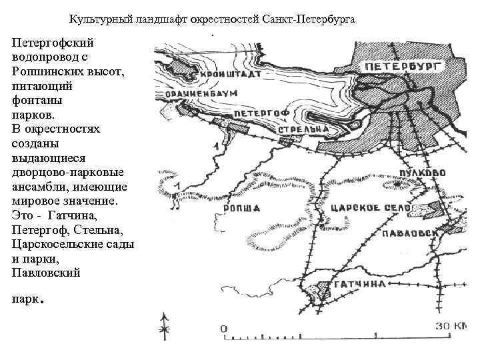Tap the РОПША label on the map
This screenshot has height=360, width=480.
click(244, 209)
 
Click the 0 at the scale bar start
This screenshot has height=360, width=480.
click(224, 328)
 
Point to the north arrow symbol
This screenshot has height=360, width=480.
click(163, 325)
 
